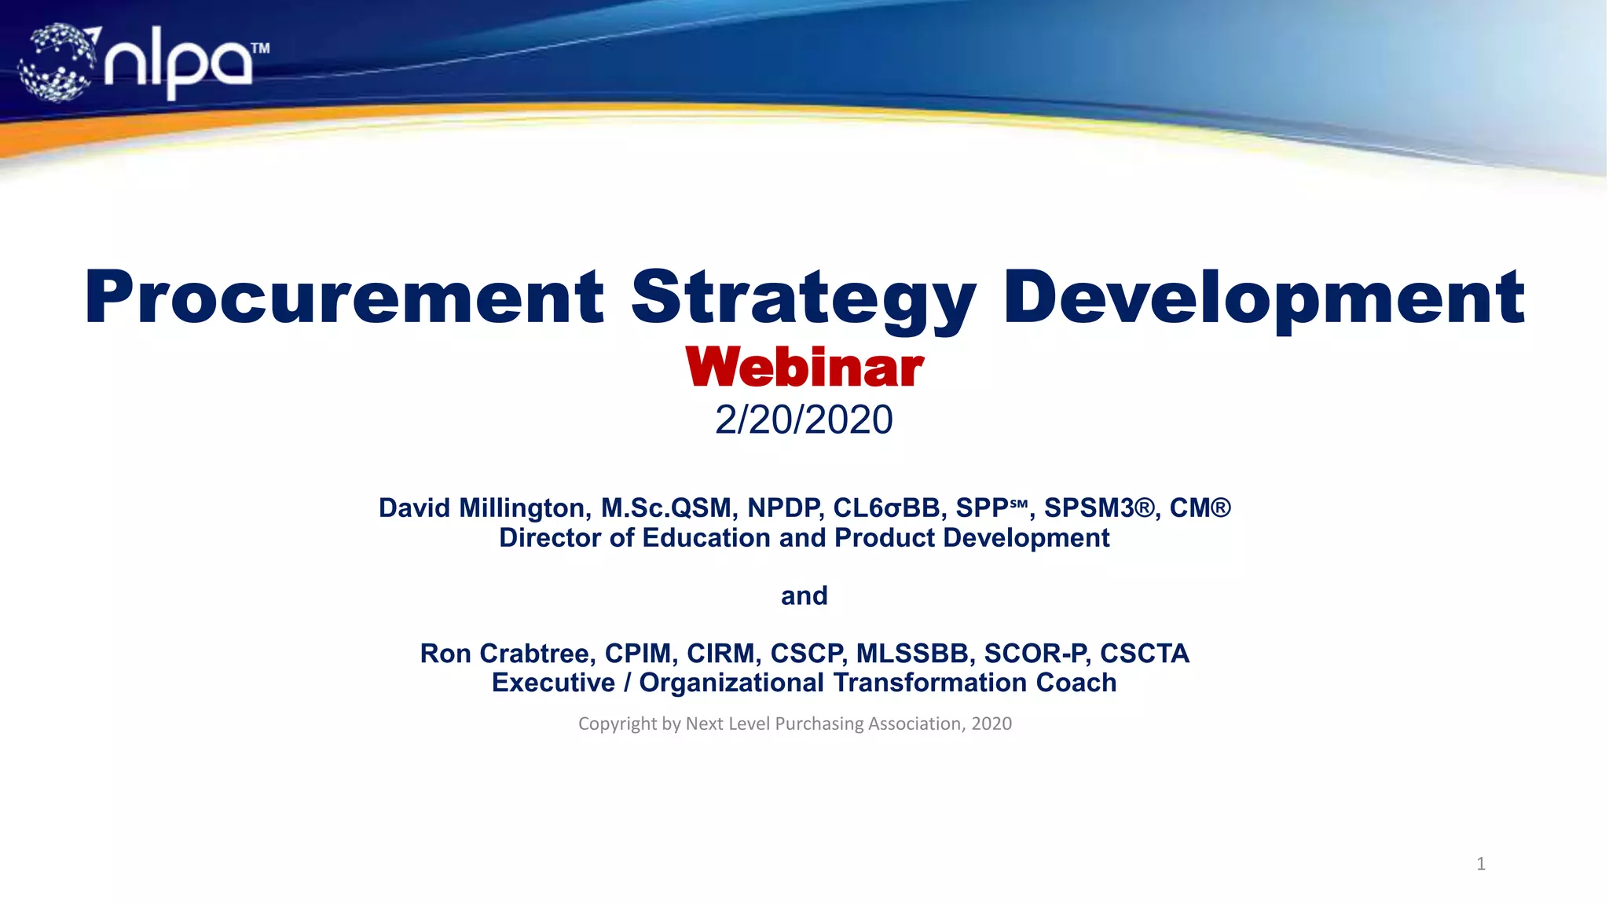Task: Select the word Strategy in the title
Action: pos(804,299)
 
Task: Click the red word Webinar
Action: pos(804,368)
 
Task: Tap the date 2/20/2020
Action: pos(804,420)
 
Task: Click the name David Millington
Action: pos(483,508)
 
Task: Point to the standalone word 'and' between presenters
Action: pos(804,595)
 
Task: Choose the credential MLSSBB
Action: pos(911,654)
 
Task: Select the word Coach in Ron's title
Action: pos(1076,683)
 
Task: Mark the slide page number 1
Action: pos(1480,864)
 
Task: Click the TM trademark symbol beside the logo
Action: pos(260,49)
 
